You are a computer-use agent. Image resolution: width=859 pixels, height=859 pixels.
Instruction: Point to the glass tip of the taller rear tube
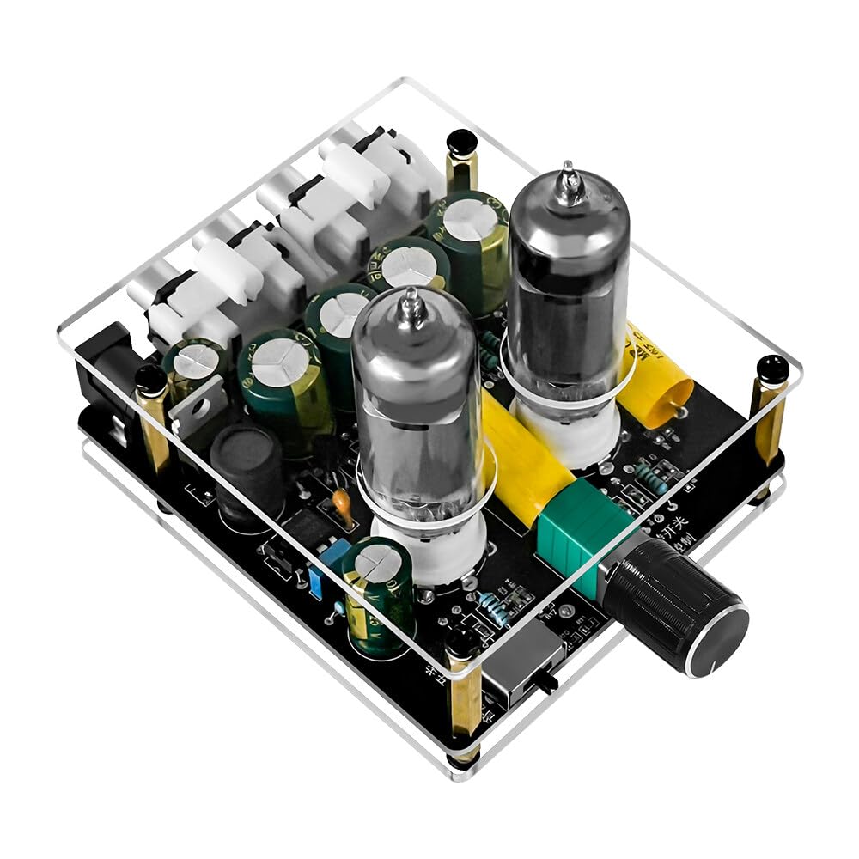568,176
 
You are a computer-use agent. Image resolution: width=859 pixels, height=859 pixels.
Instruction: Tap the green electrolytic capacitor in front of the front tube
378,593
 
